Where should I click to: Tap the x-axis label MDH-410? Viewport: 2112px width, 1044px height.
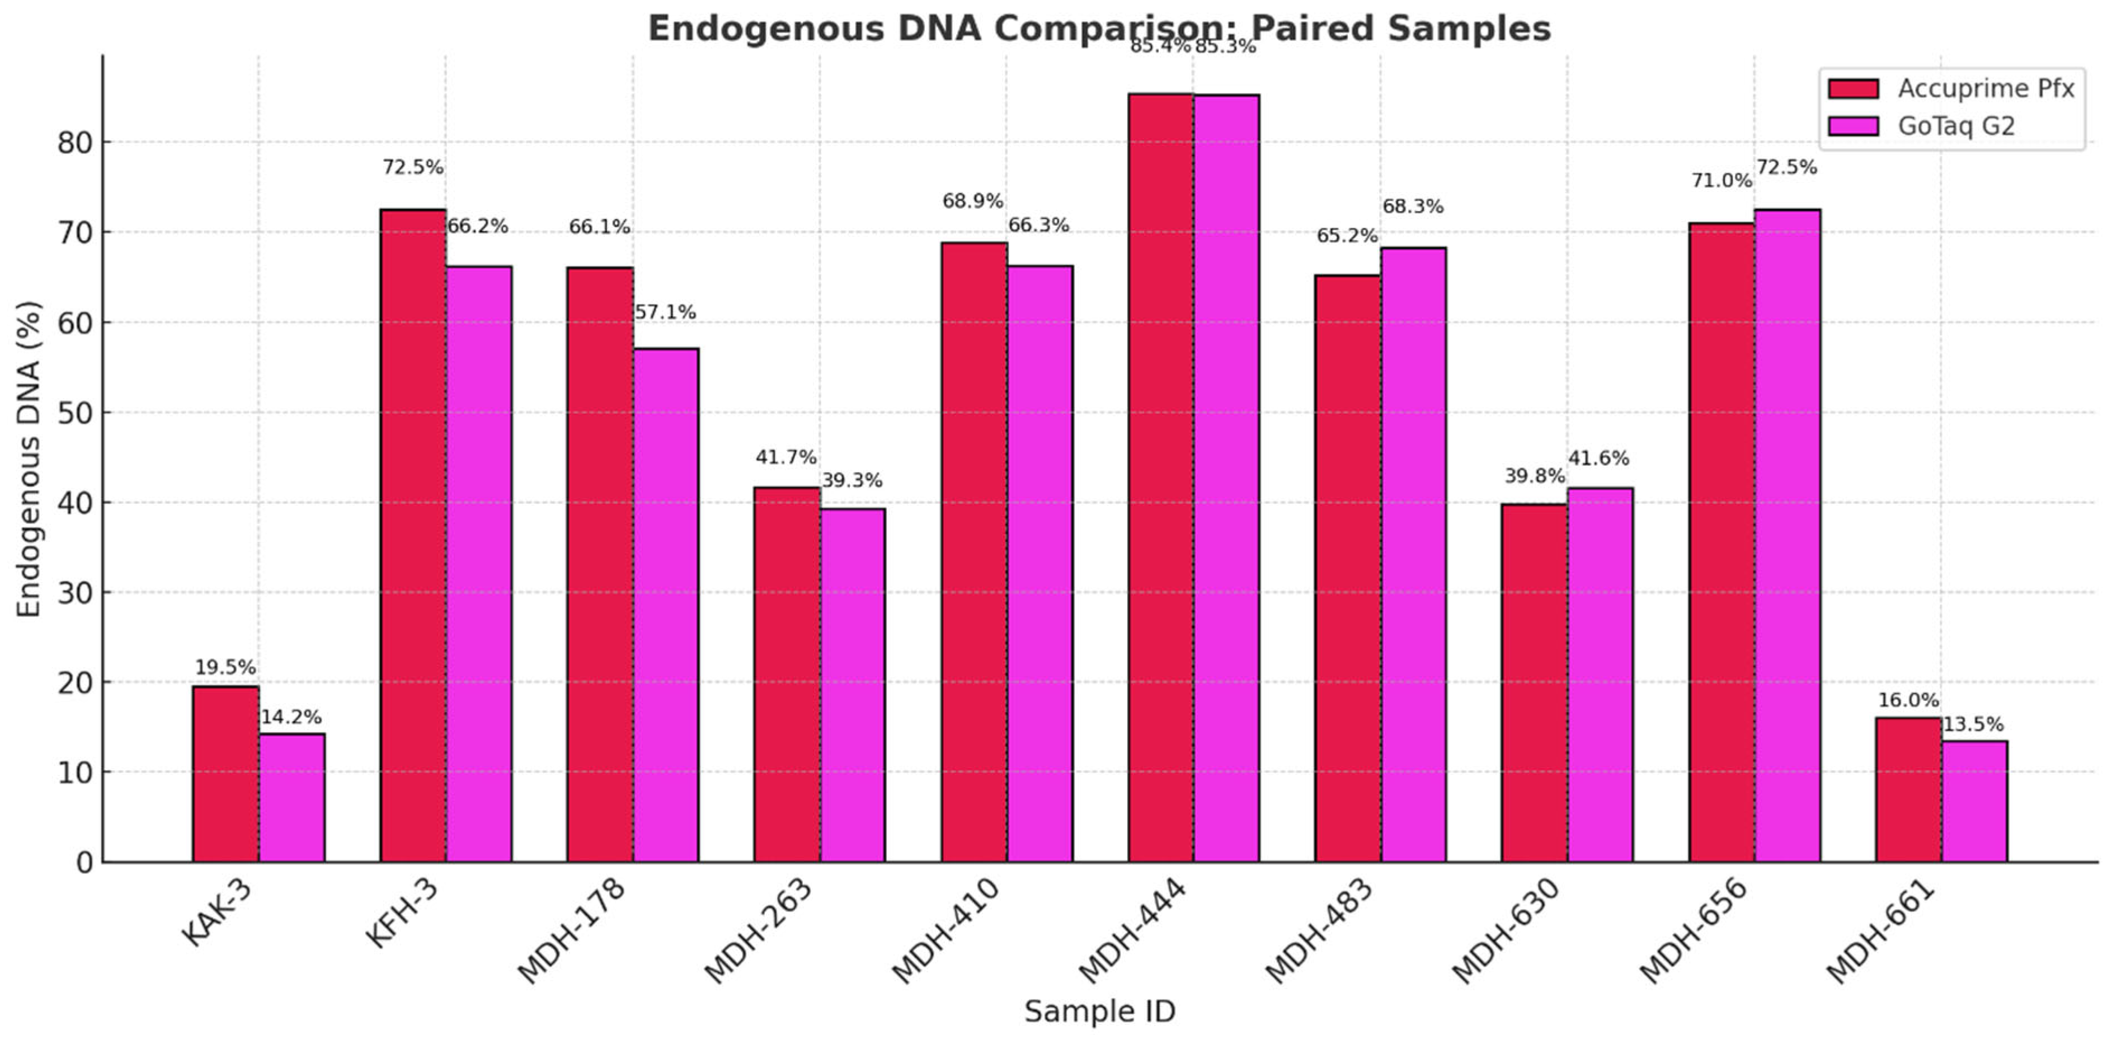click(x=947, y=931)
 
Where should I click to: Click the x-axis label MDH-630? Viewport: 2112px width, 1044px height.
click(x=1507, y=931)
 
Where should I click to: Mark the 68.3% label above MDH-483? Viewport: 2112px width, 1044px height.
click(x=1413, y=206)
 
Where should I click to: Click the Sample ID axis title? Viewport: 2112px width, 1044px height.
click(x=1099, y=1010)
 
